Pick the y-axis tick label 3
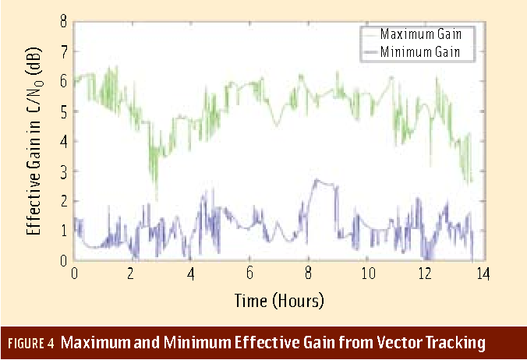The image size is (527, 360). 63,171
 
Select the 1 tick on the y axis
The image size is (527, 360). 63,231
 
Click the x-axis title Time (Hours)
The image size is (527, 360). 278,299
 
